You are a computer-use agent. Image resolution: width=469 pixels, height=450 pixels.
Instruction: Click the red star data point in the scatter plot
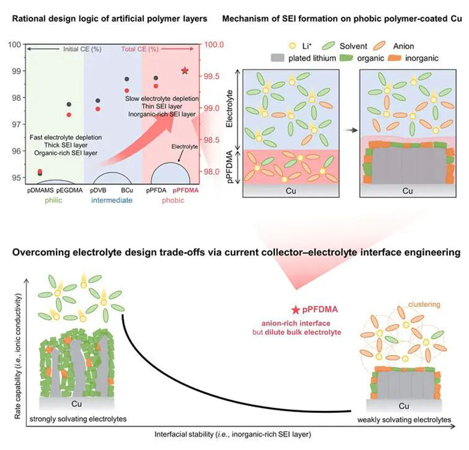tap(185, 71)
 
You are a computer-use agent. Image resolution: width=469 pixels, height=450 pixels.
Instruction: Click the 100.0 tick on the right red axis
tap(213, 44)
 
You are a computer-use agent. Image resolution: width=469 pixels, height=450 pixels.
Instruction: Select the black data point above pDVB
tap(98, 101)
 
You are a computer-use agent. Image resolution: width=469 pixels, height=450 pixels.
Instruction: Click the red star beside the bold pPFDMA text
tap(296, 310)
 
